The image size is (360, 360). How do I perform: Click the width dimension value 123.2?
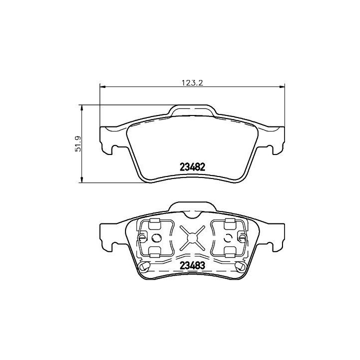click(x=192, y=82)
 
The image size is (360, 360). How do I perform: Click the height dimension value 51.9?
click(x=78, y=144)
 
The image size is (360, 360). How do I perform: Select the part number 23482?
click(x=192, y=167)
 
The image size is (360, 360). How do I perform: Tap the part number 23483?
click(x=192, y=265)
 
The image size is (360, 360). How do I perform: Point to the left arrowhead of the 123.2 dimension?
click(x=102, y=87)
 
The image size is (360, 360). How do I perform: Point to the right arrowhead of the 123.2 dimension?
click(x=282, y=87)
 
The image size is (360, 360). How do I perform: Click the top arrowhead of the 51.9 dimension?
click(x=81, y=107)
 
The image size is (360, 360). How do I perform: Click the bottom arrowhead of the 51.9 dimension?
click(x=81, y=180)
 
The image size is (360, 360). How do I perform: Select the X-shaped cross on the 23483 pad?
click(x=192, y=238)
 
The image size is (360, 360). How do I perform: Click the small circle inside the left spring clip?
click(x=156, y=238)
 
